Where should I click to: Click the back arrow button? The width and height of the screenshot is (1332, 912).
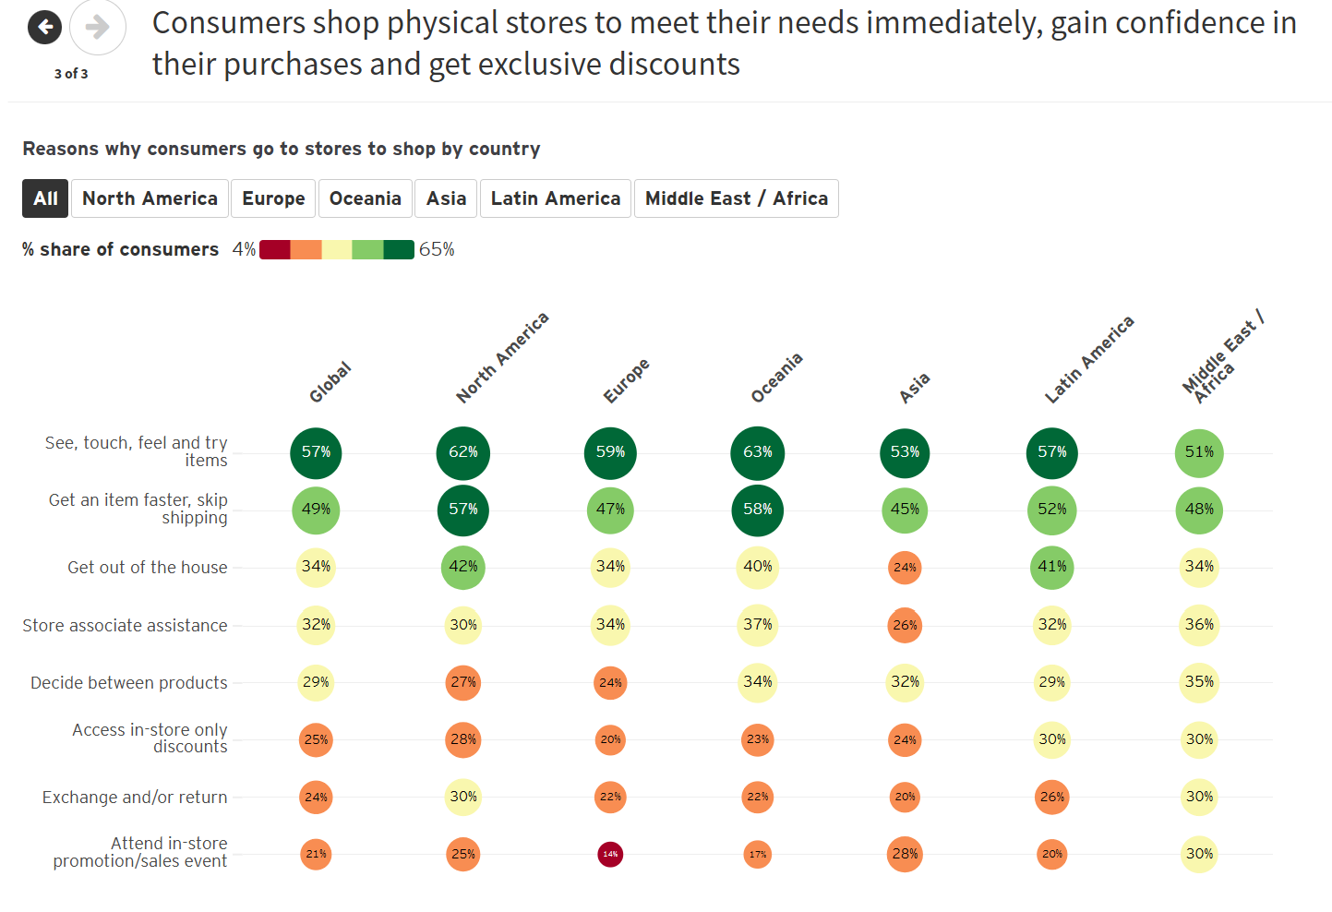click(44, 28)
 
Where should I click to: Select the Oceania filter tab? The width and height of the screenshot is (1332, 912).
click(365, 198)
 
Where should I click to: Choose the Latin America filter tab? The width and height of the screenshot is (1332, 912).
click(555, 198)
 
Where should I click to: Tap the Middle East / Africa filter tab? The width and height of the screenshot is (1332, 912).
click(736, 198)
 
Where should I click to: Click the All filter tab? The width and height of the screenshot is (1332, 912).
click(45, 198)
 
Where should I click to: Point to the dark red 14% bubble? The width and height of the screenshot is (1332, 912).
click(610, 854)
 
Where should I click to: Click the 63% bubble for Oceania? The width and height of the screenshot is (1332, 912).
click(757, 452)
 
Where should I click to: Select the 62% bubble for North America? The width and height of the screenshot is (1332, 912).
click(462, 452)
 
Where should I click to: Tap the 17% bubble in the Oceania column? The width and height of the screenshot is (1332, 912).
click(757, 854)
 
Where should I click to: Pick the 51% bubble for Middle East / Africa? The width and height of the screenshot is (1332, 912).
click(1198, 452)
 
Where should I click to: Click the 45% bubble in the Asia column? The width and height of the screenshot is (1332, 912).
click(905, 510)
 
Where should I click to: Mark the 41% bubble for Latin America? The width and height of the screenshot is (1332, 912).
click(1051, 567)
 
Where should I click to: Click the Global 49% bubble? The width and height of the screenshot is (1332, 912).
click(316, 510)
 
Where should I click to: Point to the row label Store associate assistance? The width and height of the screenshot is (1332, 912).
click(125, 626)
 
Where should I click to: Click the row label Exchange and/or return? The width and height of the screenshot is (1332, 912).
click(135, 798)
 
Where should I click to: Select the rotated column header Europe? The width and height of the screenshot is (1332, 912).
click(626, 380)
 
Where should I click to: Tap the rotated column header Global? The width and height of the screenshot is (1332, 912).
click(330, 382)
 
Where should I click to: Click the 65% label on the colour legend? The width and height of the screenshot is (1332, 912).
click(437, 249)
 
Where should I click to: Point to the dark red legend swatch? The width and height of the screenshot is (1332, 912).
click(275, 249)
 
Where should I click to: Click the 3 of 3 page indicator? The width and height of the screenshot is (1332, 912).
click(71, 74)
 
